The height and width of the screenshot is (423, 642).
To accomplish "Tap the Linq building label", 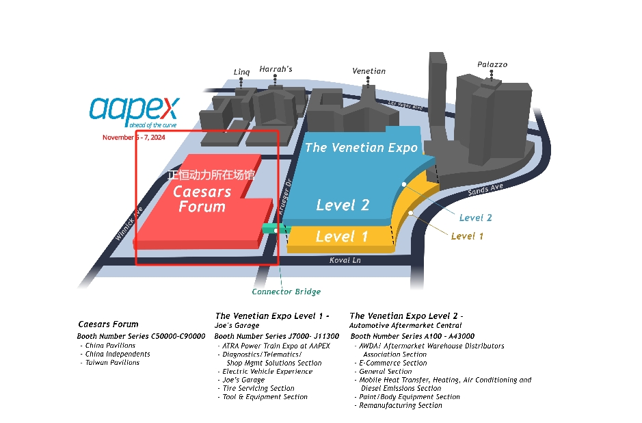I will point(242,72).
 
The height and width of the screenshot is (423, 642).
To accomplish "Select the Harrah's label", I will point(276,69).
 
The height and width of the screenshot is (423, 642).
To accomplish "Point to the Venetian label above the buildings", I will point(369,70).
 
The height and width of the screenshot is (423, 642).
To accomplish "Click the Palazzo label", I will point(492,64).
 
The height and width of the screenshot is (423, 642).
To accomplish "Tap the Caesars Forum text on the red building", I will point(202,199).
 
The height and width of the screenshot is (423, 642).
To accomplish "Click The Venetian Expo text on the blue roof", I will point(361,148).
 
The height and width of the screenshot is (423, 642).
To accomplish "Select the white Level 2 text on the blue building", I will point(343,205).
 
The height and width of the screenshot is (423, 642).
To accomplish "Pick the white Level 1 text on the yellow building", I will point(342,237).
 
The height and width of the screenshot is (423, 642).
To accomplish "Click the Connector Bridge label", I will point(286,292).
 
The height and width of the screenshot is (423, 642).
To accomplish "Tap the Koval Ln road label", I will point(345,260).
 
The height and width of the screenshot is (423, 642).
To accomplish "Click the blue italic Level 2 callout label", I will point(475,218).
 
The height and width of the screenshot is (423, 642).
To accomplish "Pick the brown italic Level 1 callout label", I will point(467,236).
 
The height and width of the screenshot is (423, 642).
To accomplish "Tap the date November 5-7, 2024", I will point(134,138).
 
